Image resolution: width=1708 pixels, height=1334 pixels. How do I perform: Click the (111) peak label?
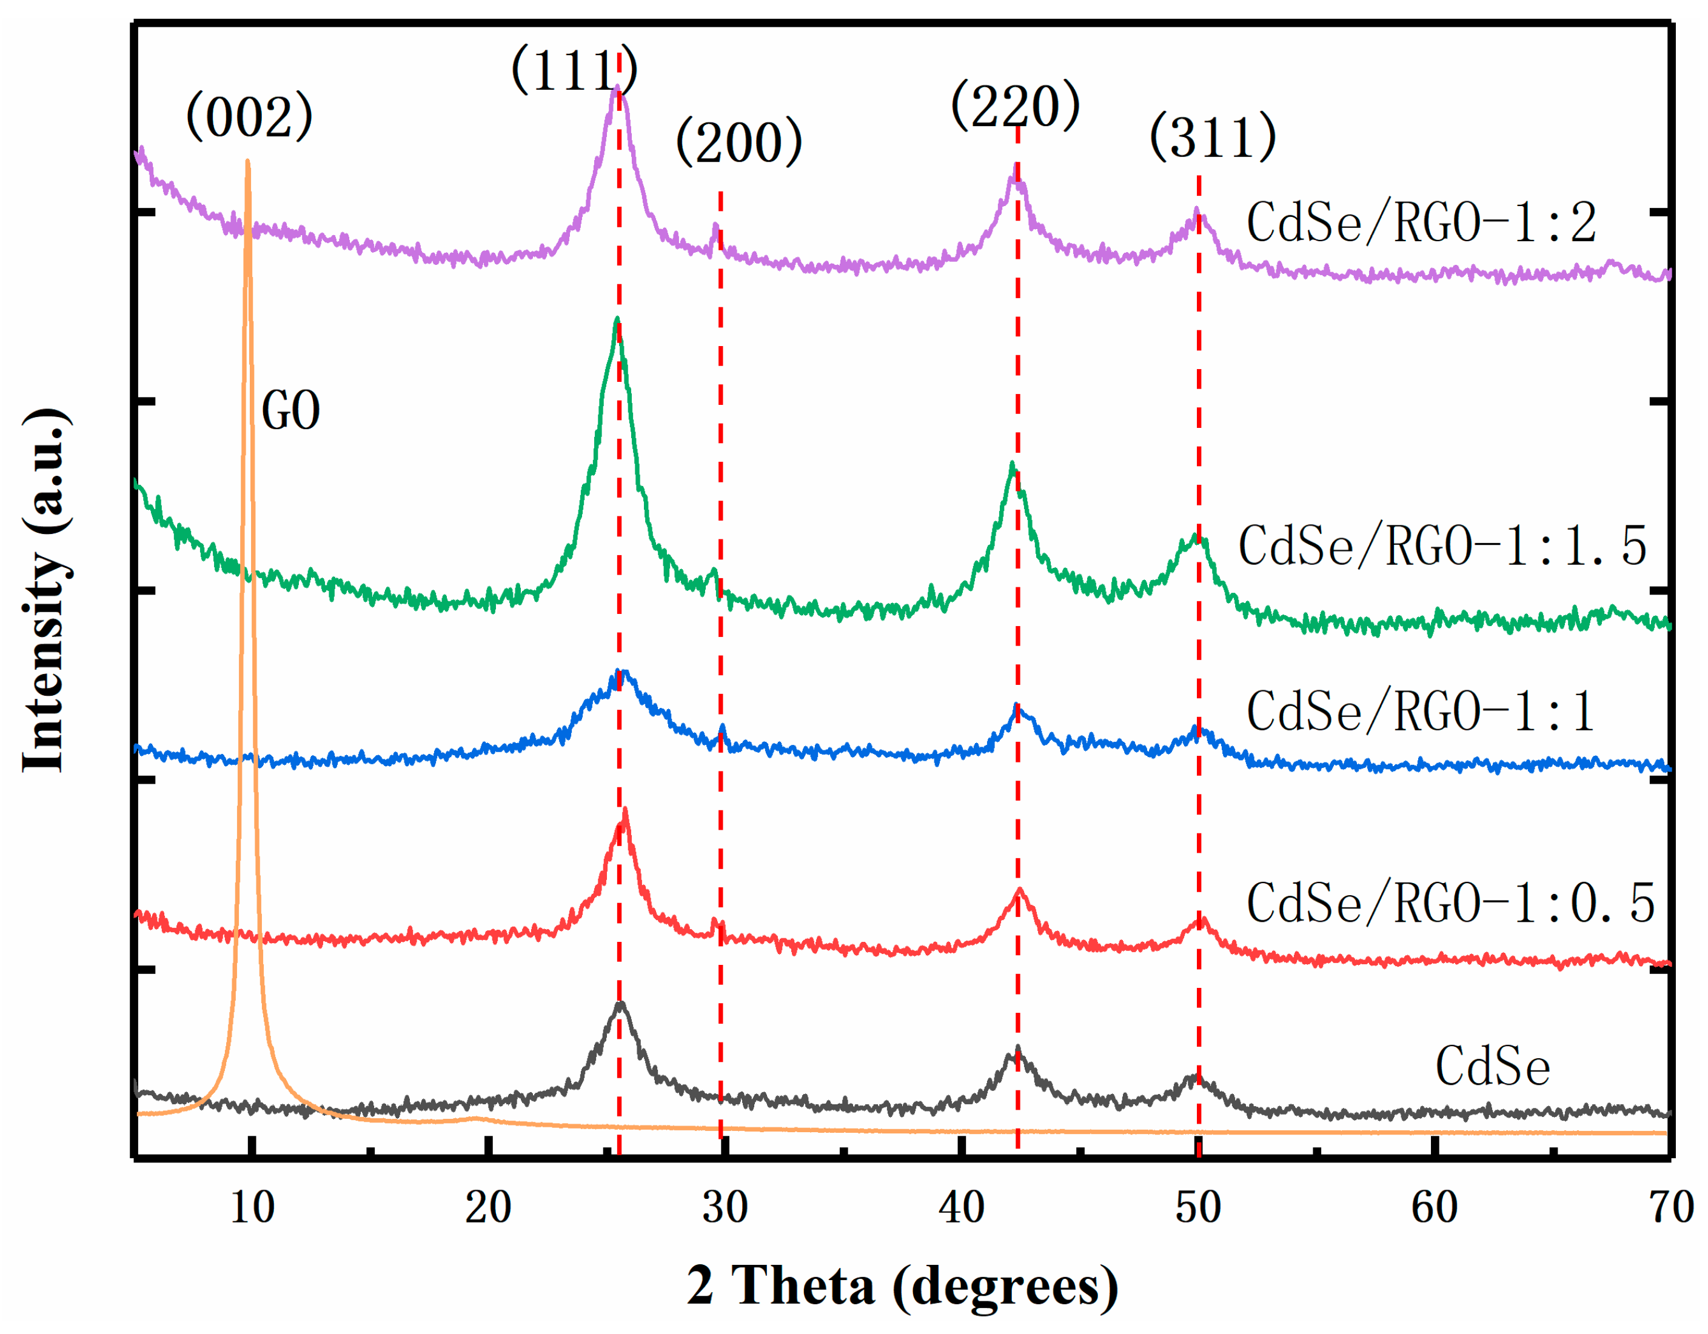point(574,70)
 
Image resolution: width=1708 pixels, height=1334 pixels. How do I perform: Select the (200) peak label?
point(739,142)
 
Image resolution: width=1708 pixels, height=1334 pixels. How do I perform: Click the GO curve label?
point(290,410)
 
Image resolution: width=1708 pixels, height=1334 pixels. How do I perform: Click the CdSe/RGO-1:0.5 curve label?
point(1451,903)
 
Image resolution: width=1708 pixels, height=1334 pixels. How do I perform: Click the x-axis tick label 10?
point(252,1208)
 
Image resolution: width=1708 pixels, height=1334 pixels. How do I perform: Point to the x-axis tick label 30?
point(725,1208)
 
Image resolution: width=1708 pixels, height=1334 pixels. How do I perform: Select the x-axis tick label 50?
point(1198,1208)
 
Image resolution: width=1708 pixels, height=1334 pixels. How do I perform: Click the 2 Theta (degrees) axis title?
point(903,1286)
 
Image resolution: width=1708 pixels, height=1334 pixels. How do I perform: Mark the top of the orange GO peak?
point(248,162)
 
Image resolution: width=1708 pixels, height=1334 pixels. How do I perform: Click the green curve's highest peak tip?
point(617,319)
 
